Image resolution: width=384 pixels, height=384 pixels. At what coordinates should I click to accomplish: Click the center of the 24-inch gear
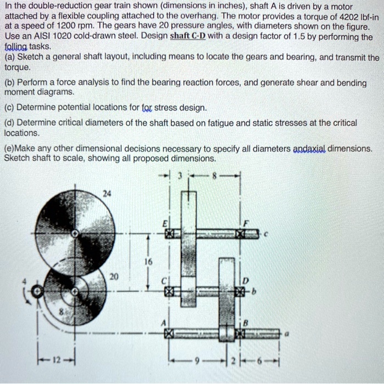click(x=79, y=233)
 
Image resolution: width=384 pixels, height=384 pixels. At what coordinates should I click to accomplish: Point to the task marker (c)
click(x=9, y=108)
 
